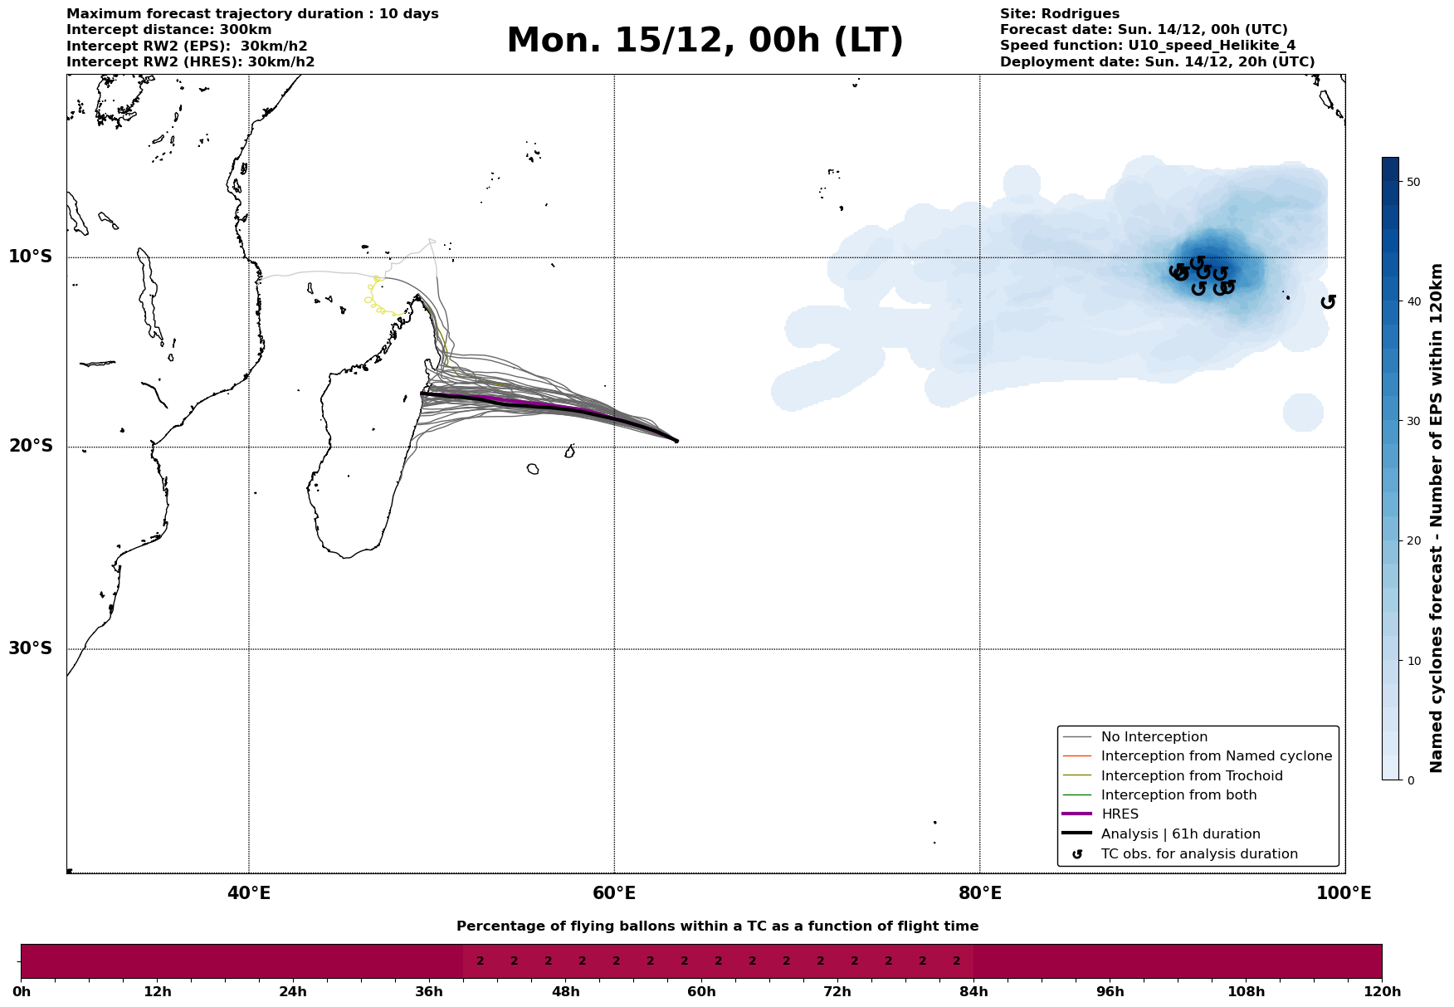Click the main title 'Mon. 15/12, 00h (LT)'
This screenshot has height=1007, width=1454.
coord(705,41)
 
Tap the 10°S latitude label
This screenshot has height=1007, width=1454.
coord(31,257)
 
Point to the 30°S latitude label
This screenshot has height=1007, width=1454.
coord(31,648)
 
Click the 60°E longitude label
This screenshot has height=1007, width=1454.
coord(614,893)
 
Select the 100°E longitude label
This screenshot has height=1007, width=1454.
coord(1344,893)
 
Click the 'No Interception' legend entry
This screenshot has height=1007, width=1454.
coord(1154,737)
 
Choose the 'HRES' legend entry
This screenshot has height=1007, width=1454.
coord(1120,814)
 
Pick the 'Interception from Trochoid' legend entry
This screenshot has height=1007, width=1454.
coord(1191,776)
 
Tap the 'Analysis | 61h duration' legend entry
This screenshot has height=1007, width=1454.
coord(1180,834)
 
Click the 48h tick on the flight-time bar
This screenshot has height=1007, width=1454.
coord(565,992)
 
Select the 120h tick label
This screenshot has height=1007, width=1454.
coord(1382,992)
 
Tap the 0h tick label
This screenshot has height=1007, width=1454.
coord(22,992)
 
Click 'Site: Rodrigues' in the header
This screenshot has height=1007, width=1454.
coord(1059,14)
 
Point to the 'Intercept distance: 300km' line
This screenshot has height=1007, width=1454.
coord(168,30)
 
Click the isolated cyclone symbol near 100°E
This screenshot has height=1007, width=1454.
coord(1328,301)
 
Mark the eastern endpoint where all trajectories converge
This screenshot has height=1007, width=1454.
coord(676,441)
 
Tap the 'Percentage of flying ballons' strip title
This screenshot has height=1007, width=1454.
coord(717,926)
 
